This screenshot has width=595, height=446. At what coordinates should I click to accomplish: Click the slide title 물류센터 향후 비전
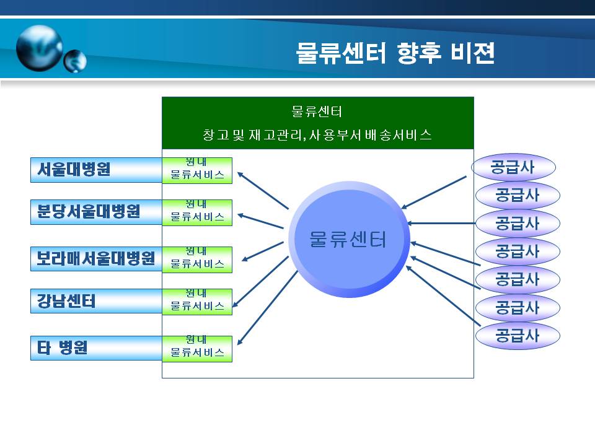coord(395,53)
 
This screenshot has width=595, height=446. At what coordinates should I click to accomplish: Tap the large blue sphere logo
coord(40,48)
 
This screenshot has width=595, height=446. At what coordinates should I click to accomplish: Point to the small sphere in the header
coord(75,61)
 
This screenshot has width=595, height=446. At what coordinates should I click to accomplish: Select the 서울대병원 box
coord(97,170)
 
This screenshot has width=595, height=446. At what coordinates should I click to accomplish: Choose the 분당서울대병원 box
coord(97,212)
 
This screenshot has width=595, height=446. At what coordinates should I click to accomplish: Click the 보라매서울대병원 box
coord(97,259)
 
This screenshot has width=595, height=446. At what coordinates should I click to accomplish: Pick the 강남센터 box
coord(97,301)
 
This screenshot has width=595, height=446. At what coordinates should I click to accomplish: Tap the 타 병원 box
coord(97,348)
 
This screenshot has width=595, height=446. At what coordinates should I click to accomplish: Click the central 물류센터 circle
coord(349,240)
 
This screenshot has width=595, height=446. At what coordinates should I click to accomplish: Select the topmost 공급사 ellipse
coord(513,167)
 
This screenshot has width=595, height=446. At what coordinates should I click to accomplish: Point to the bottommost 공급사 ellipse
coord(518,336)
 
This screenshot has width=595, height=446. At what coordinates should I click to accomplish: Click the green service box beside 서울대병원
coord(197,171)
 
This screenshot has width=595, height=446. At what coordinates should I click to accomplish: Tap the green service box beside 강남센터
coord(197,302)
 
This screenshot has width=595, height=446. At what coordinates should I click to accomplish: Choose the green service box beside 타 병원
coord(197,349)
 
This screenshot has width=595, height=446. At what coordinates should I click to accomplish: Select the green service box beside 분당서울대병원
coord(197,212)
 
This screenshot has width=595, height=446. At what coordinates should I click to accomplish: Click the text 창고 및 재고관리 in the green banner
coord(252,135)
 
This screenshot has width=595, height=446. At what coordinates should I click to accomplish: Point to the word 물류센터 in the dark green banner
coord(317,111)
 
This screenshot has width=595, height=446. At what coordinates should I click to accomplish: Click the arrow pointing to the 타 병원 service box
coord(268,308)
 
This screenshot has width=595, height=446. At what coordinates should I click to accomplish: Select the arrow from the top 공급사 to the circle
coord(434,193)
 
